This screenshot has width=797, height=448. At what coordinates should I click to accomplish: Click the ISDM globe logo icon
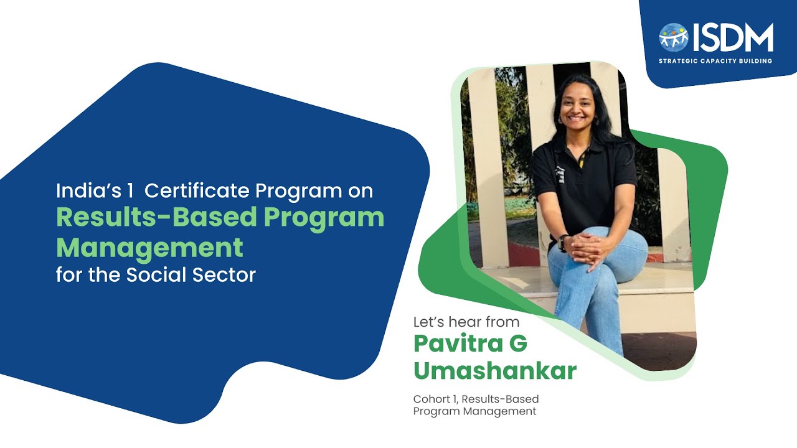[x=674, y=37]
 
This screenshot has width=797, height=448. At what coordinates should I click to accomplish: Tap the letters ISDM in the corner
[x=733, y=37]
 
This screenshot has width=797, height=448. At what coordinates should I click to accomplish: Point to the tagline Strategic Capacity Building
[x=715, y=61]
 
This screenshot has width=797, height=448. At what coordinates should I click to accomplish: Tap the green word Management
[x=149, y=247]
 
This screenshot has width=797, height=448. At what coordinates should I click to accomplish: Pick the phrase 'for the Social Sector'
[x=156, y=274]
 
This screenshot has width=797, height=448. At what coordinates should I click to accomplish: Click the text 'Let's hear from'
[x=466, y=322]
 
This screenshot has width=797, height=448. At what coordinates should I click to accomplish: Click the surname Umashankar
[x=495, y=370]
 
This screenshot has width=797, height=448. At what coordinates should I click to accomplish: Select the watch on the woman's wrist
[x=563, y=241]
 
